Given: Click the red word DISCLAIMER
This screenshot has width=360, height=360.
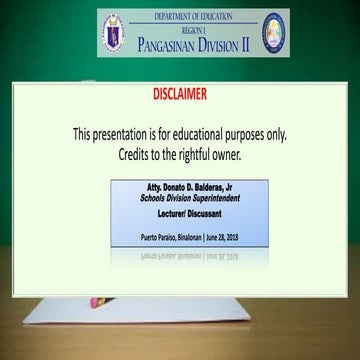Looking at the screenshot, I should pos(180,95).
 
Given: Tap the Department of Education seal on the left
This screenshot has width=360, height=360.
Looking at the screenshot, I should pos(117,34).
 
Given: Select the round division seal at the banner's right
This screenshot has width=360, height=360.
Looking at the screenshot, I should pos(273,33).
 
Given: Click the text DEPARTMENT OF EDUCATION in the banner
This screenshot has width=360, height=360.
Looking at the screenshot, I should pos(194,17).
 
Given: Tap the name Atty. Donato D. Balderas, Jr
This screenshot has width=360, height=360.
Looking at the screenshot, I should pos(178,188).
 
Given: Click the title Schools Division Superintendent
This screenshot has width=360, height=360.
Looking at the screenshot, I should pos(177,198).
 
